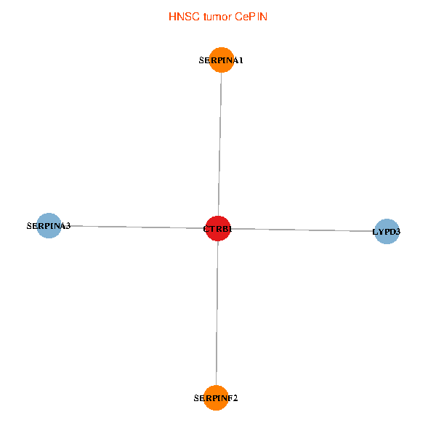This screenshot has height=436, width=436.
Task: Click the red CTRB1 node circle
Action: click(x=218, y=229)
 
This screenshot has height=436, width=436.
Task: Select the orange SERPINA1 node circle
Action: click(x=221, y=60)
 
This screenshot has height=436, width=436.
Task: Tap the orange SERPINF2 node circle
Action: click(x=216, y=397)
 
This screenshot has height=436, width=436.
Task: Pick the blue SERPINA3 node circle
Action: click(x=49, y=226)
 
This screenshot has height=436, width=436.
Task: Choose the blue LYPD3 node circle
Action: click(x=387, y=232)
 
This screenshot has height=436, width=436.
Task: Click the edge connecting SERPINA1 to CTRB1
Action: click(x=219, y=145)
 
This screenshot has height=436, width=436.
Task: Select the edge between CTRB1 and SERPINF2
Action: click(x=217, y=312)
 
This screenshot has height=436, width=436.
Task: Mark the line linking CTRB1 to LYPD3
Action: click(x=305, y=230)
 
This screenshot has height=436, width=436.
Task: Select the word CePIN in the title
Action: click(x=251, y=16)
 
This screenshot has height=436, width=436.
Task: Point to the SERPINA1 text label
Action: click(x=221, y=61)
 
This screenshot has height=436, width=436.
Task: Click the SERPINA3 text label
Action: click(x=49, y=226)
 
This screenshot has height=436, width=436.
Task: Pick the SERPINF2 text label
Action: click(x=216, y=398)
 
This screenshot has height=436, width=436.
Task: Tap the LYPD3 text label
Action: click(x=387, y=233)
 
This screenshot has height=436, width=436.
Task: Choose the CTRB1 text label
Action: click(x=218, y=230)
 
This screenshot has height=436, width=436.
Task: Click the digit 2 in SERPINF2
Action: click(x=235, y=398)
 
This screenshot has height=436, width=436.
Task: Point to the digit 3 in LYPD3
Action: click(x=398, y=233)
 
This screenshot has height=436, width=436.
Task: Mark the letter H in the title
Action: click(x=172, y=16)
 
